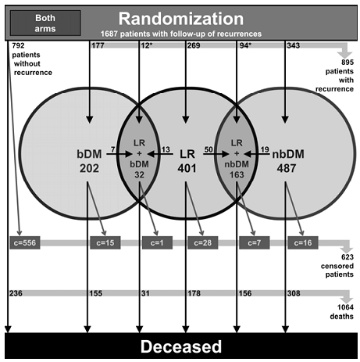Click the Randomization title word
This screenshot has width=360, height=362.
pyautogui.click(x=181, y=19)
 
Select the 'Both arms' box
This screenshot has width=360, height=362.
pyautogui.click(x=45, y=23)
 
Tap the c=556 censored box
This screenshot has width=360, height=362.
pyautogui.click(x=25, y=243)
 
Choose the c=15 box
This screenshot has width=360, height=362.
pyautogui.click(x=105, y=243)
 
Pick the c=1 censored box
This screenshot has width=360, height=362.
pyautogui.click(x=157, y=243)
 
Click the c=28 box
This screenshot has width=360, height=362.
pyautogui.click(x=203, y=243)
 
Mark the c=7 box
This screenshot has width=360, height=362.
pyautogui.click(x=255, y=243)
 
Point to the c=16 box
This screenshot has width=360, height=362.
pyautogui.click(x=303, y=243)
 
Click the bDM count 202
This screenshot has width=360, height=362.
pyautogui.click(x=89, y=168)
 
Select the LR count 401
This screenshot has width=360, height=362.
pyautogui.click(x=187, y=168)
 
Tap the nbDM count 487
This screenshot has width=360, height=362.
pyautogui.click(x=287, y=168)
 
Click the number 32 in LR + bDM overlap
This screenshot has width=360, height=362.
pyautogui.click(x=139, y=174)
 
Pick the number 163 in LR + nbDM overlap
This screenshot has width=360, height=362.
pyautogui.click(x=237, y=174)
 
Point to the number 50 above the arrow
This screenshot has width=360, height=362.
pyautogui.click(x=209, y=149)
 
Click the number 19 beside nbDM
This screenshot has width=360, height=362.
pyautogui.click(x=265, y=149)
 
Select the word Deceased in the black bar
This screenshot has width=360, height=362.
pyautogui.click(x=181, y=346)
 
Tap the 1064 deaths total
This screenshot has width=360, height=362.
pyautogui.click(x=341, y=312)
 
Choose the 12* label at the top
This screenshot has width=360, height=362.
pyautogui.click(x=147, y=45)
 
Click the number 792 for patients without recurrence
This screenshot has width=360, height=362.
pyautogui.click(x=18, y=45)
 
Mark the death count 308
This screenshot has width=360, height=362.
pyautogui.click(x=294, y=293)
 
